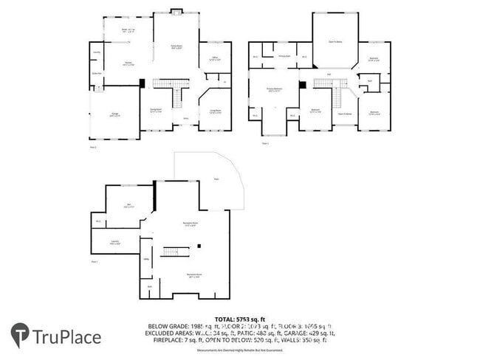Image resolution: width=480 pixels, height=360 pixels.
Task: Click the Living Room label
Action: [216, 111]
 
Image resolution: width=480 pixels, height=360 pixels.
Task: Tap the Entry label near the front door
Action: [185, 117]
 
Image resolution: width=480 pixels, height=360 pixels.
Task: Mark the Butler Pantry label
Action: [96, 72]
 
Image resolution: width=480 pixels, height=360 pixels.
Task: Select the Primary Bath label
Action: [284, 56]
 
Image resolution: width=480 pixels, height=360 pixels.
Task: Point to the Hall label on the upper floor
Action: [329, 74]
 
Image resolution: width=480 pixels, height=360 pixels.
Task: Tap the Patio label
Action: [216, 179]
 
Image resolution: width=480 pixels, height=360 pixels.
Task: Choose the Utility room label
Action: [146, 259]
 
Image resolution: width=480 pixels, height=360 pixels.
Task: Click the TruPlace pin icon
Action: [20, 336]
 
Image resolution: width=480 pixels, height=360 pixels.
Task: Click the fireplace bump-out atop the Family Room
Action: [176, 10]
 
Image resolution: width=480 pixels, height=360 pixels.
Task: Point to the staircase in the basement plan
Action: [176, 252]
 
